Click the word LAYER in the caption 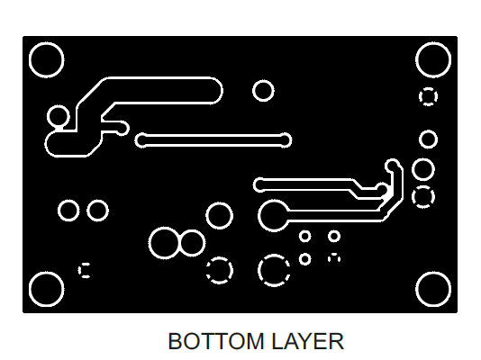[x=307, y=341]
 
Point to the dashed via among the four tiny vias [x=334, y=258]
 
